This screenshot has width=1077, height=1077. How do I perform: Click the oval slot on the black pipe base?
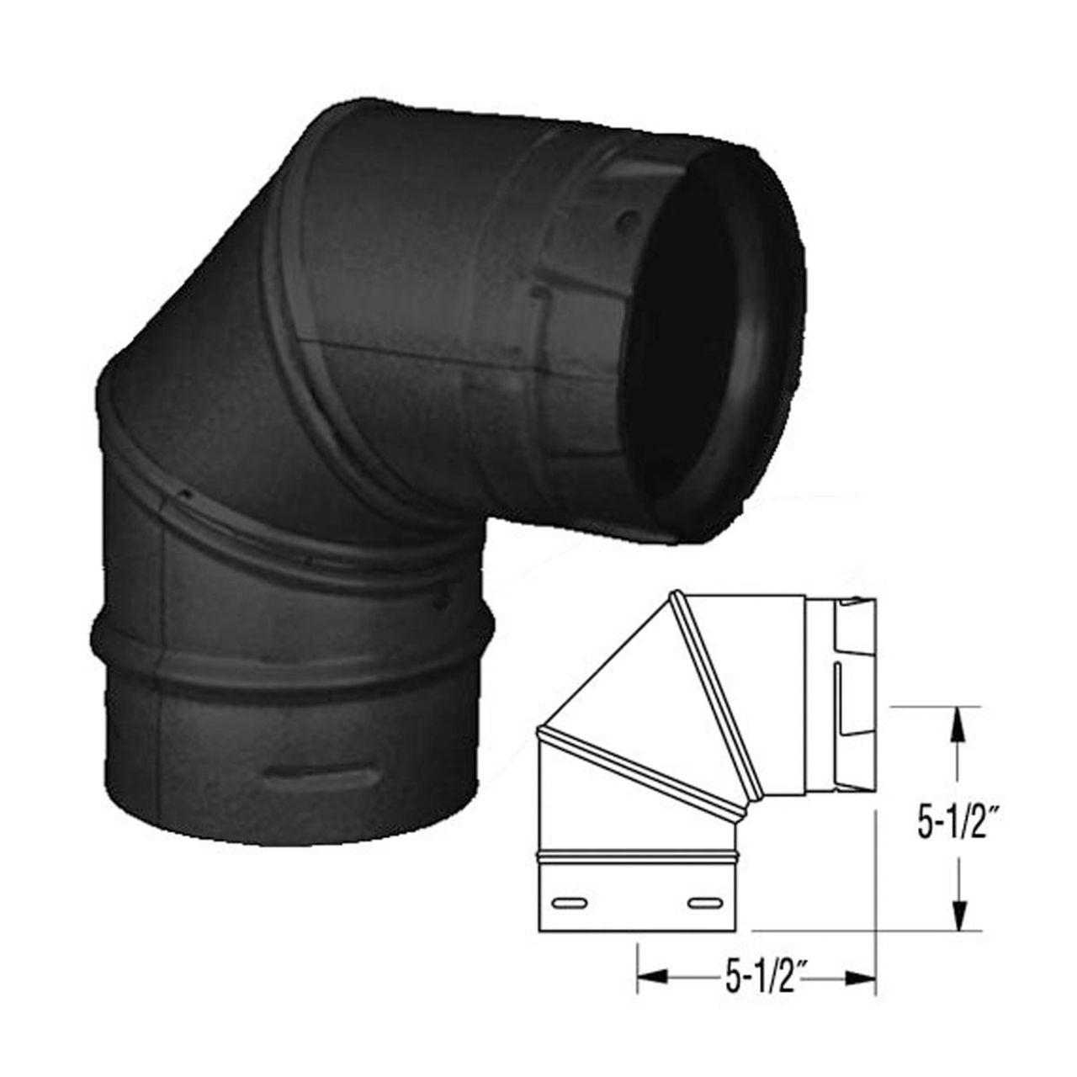click(x=319, y=773)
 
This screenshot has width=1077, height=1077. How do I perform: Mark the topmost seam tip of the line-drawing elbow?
click(x=676, y=596)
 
